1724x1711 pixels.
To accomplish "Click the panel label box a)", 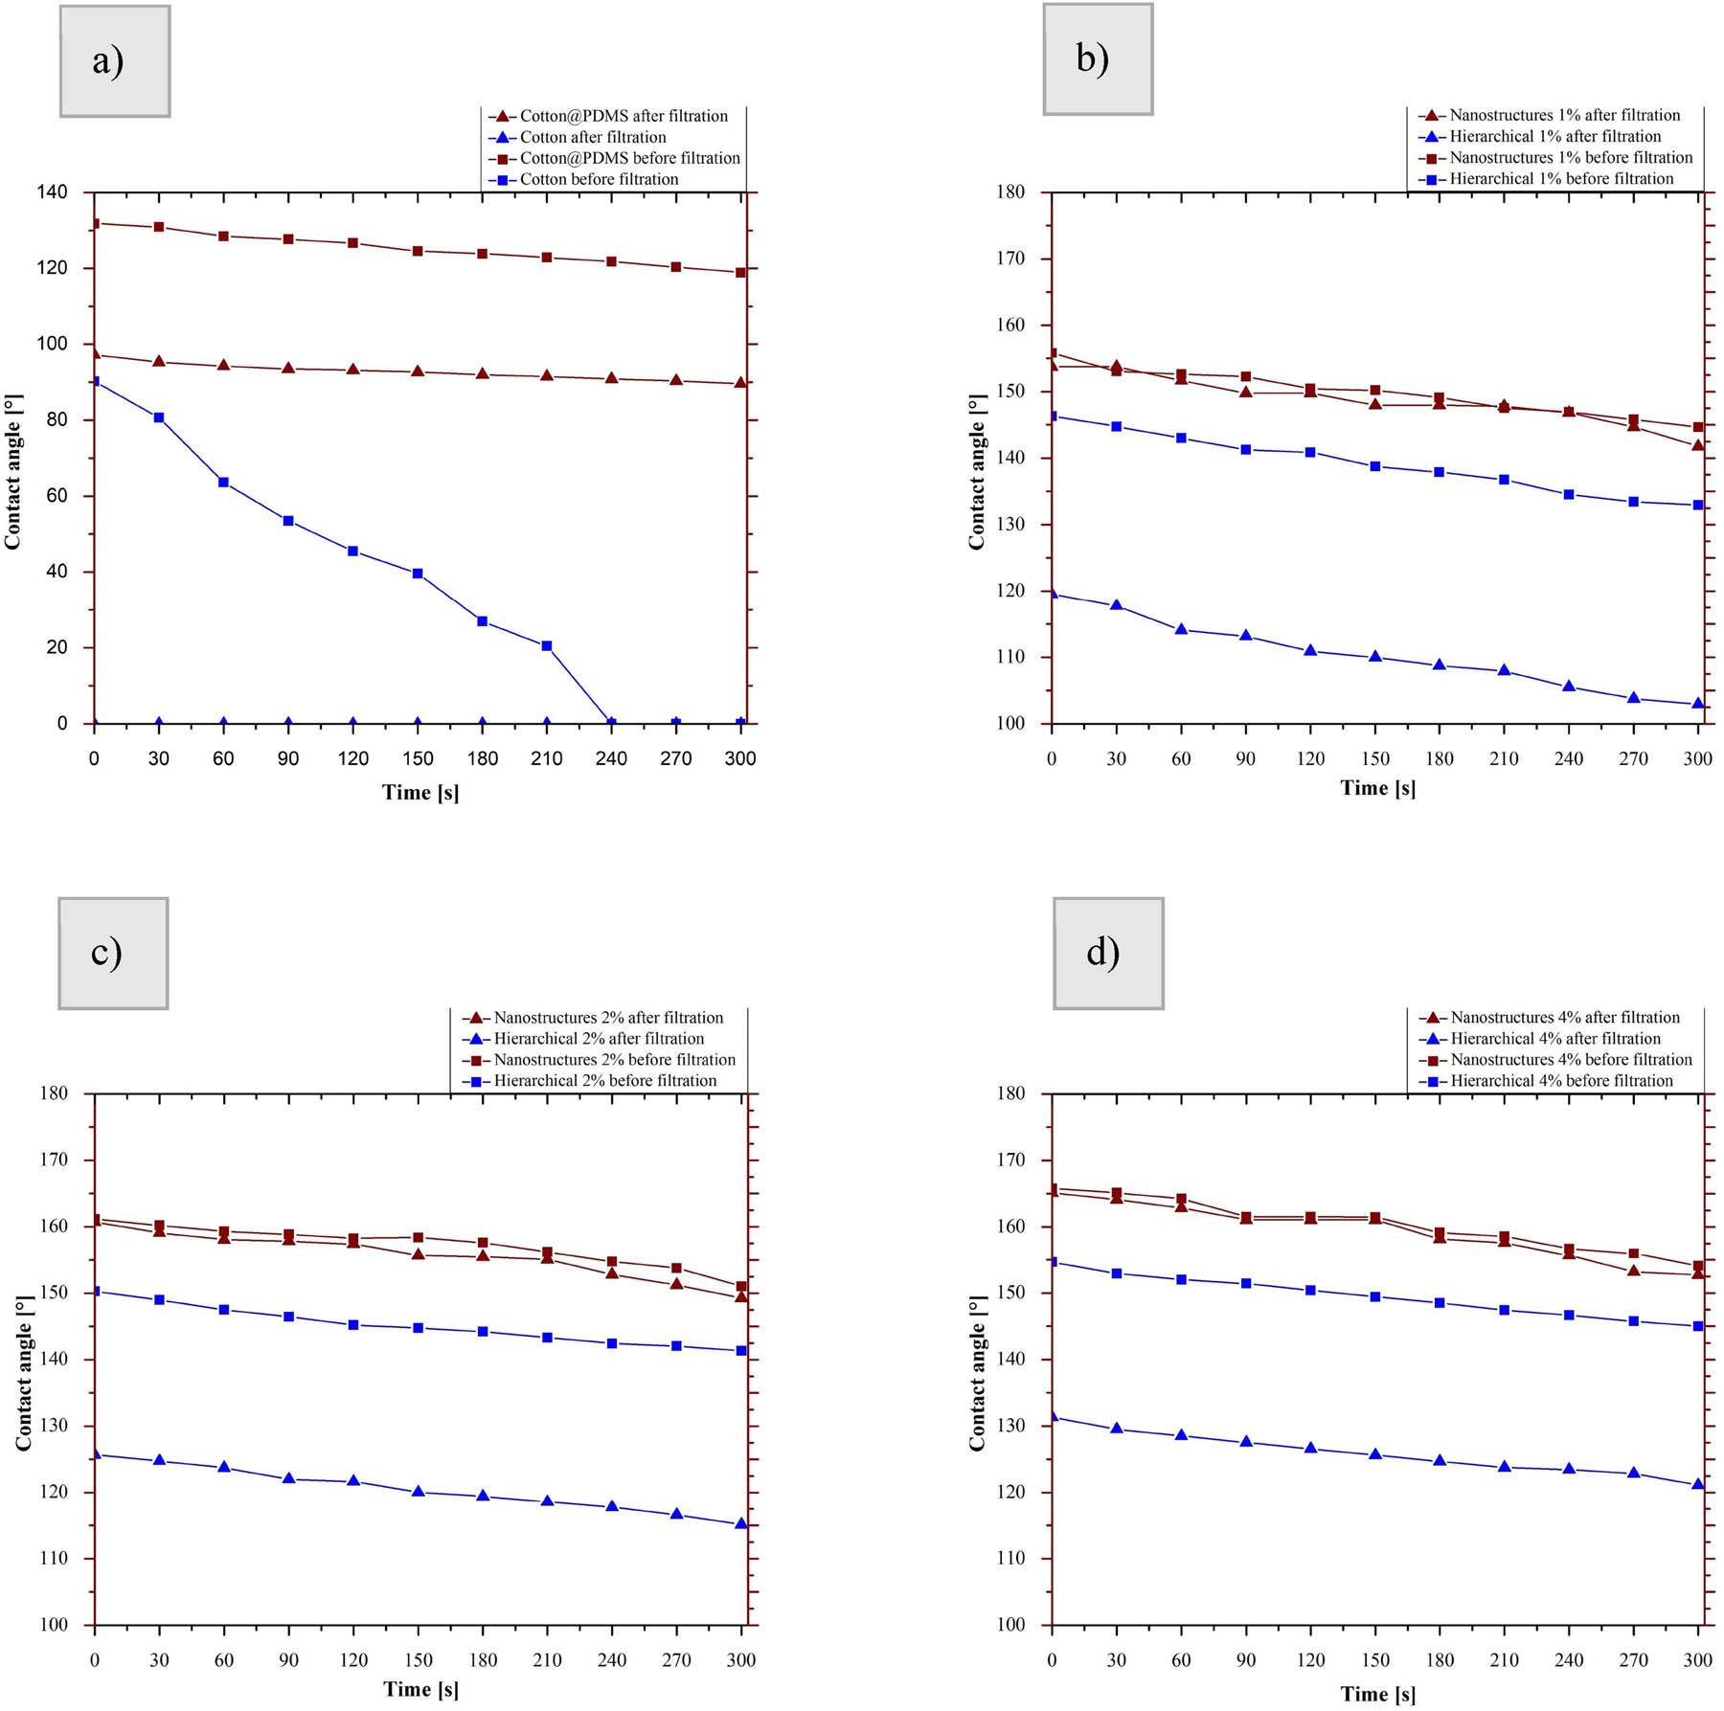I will click(x=115, y=61).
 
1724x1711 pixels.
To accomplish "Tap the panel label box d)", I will click(x=1108, y=954).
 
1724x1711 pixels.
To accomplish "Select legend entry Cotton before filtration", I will click(x=599, y=179).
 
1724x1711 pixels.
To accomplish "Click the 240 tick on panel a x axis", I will click(x=611, y=759).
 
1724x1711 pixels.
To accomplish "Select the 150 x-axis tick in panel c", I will click(x=418, y=1660).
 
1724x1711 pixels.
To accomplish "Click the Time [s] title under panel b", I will click(x=1377, y=788).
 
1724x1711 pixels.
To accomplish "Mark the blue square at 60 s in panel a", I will click(x=223, y=483).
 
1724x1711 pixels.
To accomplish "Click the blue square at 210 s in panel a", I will click(x=547, y=646).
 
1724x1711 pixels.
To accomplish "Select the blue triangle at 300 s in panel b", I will click(x=1698, y=704).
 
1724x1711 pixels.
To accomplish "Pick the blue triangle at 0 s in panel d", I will click(x=1053, y=1416).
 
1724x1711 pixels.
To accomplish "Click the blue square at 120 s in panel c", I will click(x=353, y=1325).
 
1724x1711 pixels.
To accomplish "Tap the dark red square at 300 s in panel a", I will click(x=740, y=273).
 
